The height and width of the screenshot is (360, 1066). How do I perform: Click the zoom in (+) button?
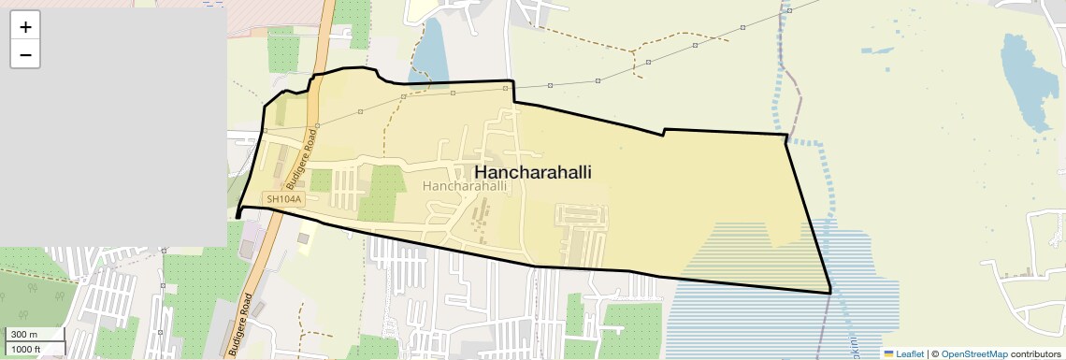[x=25, y=26]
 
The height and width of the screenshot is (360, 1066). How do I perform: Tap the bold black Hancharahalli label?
[x=533, y=173]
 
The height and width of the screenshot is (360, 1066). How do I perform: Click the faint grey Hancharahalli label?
[x=465, y=186]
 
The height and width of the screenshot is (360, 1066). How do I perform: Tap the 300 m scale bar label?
[x=23, y=335]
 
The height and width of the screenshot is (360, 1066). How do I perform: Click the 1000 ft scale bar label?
[x=25, y=349]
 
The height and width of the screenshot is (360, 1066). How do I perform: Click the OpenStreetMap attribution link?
[x=973, y=353]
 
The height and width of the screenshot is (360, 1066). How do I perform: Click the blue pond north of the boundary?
[x=429, y=52]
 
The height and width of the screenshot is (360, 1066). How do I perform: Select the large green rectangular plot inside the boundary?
[x=382, y=191]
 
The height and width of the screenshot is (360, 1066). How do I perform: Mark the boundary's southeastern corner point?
[x=830, y=293]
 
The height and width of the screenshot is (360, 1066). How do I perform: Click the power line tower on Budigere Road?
[x=317, y=125]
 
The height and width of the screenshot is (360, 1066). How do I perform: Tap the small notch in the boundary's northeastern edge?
[x=664, y=131]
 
